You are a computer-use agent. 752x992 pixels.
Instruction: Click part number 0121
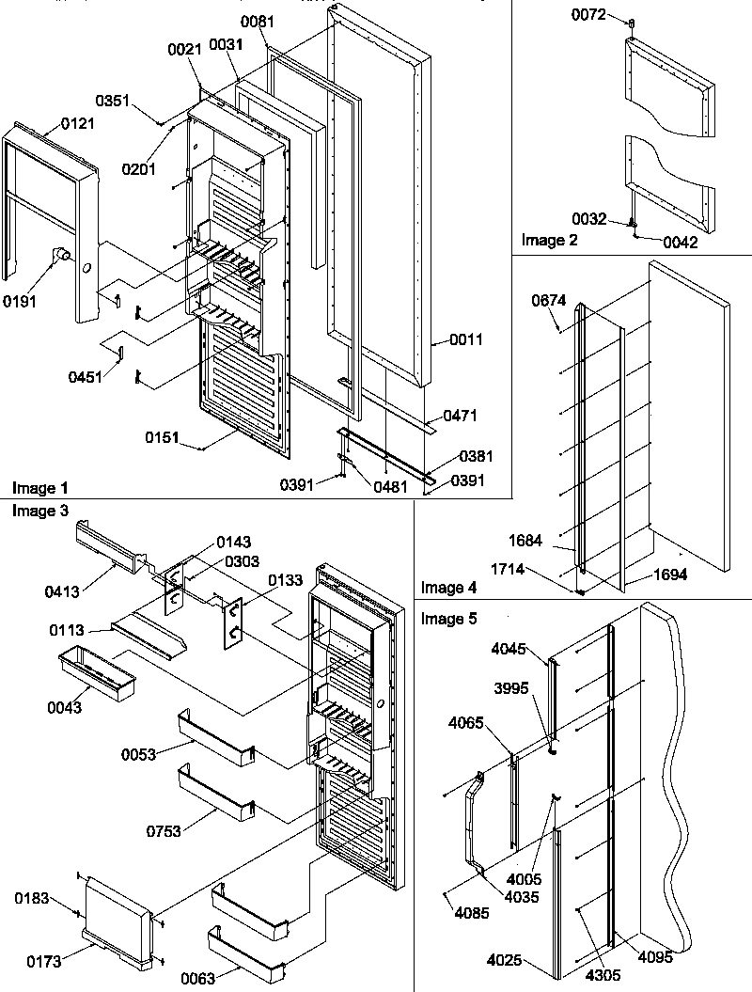click(78, 124)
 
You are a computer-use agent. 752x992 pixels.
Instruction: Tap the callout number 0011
click(466, 340)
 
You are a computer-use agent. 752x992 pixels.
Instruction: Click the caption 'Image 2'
click(551, 240)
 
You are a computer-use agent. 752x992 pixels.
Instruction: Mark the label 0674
click(548, 302)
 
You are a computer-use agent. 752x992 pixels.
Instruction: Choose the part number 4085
click(470, 911)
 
